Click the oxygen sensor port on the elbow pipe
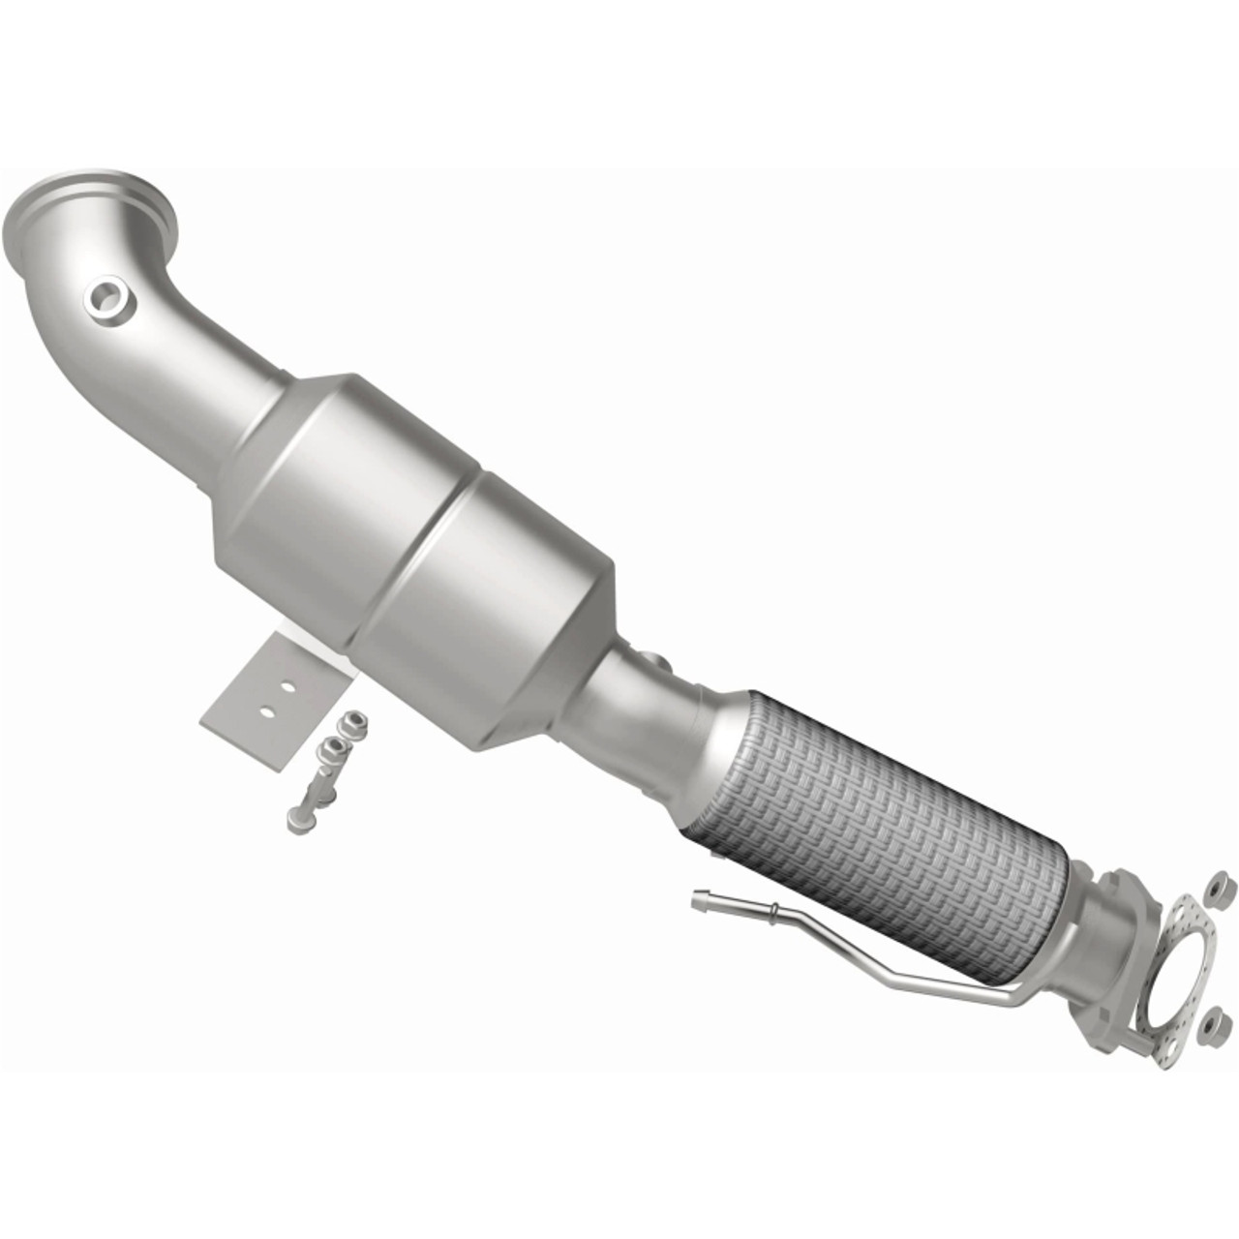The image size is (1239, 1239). click(x=106, y=301)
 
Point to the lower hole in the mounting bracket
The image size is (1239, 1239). click(x=265, y=713)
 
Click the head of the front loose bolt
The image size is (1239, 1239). click(x=295, y=820)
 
